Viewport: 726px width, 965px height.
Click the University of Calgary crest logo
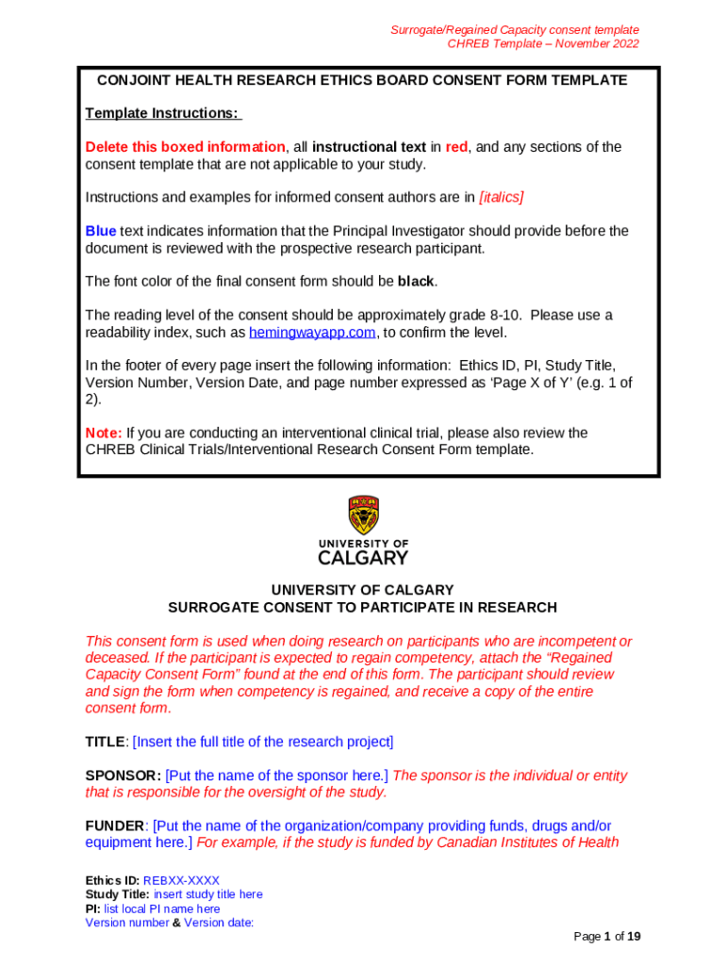click(x=363, y=515)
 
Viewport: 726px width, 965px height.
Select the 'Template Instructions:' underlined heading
click(x=163, y=113)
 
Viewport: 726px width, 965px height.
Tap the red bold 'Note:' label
click(x=104, y=433)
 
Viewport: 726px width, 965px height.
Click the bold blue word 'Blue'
click(x=101, y=231)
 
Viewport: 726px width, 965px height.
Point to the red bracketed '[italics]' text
click(x=502, y=197)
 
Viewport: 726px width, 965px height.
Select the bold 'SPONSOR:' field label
click(x=123, y=776)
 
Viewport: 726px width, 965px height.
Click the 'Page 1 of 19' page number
click(x=607, y=936)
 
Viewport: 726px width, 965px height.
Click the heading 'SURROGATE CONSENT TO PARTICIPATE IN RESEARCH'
click(x=362, y=608)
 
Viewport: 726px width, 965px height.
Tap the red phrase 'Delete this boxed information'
click(x=185, y=147)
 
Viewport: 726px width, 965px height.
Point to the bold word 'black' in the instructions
click(x=417, y=281)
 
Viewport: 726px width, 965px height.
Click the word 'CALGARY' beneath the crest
click(x=363, y=557)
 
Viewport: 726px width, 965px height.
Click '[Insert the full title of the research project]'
click(x=263, y=742)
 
